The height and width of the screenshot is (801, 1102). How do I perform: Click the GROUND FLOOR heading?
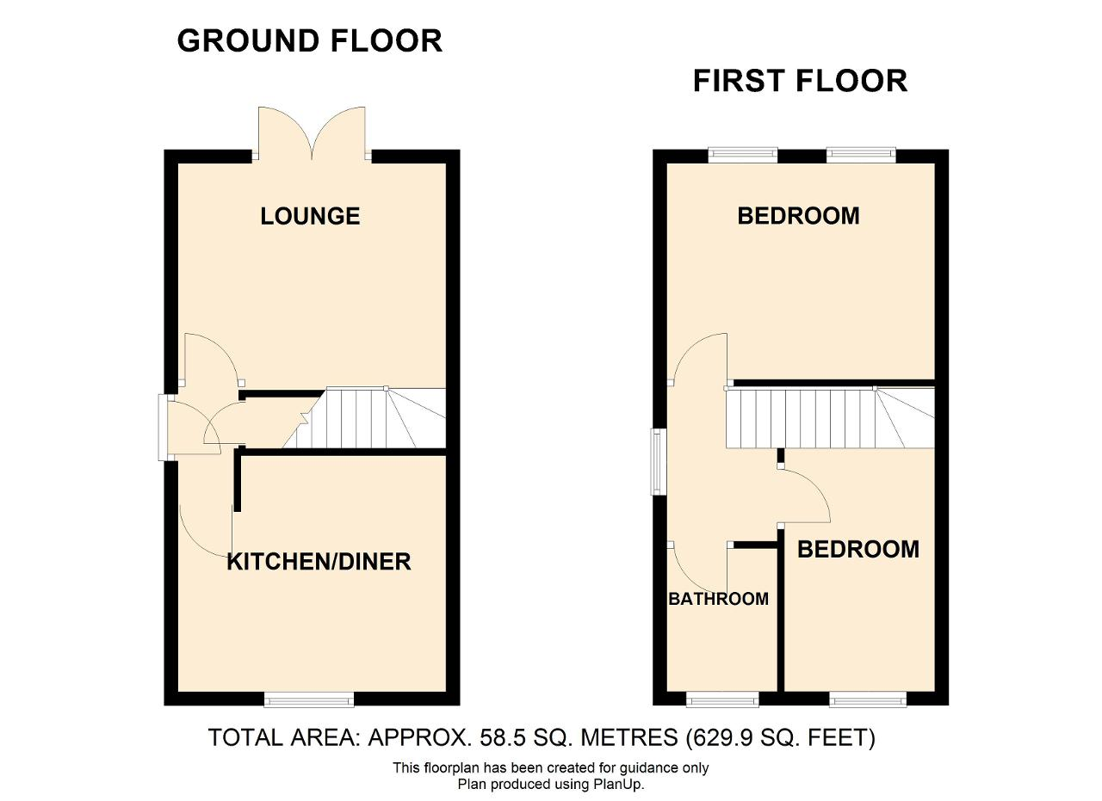[309, 40]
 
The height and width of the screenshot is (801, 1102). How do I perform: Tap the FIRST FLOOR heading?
[800, 81]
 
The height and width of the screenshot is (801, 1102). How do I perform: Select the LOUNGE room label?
[310, 216]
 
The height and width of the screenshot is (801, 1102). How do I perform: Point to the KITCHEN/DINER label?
[319, 562]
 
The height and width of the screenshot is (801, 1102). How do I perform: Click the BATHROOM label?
[718, 599]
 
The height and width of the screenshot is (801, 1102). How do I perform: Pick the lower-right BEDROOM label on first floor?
[858, 549]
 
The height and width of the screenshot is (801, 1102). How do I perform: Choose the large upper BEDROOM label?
[798, 216]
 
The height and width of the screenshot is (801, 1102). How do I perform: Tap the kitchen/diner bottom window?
[309, 699]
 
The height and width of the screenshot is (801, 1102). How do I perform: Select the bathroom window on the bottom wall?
[722, 699]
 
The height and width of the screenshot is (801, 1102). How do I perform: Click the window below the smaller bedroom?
[868, 699]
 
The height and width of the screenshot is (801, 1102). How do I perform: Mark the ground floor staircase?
[364, 418]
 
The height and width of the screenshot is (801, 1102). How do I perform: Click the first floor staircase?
[831, 418]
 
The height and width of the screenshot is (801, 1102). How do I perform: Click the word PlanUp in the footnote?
[617, 785]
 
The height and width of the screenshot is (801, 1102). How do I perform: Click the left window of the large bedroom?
[743, 155]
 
